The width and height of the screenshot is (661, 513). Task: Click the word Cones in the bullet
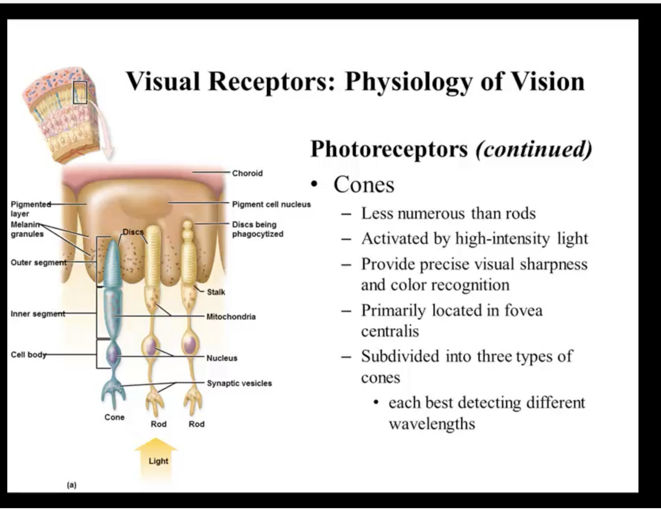[x=364, y=185]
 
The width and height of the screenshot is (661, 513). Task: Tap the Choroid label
[x=247, y=173]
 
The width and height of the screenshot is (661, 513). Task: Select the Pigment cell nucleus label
[x=272, y=204]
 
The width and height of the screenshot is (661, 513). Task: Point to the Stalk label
[x=216, y=292]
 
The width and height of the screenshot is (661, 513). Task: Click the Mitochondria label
[x=231, y=316]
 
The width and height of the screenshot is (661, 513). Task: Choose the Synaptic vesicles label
[x=239, y=383]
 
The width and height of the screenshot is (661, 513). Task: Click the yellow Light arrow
[x=157, y=456]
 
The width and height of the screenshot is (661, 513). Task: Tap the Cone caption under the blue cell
[x=114, y=417]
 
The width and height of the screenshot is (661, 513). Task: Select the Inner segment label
[x=38, y=314]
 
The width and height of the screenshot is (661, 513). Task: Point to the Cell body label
[x=29, y=355]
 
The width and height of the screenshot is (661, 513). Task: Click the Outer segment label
[x=38, y=262]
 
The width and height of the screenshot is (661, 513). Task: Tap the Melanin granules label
[x=27, y=229]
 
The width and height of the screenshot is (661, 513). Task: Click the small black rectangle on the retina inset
[x=80, y=93]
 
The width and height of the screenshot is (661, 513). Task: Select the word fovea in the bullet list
[x=523, y=310]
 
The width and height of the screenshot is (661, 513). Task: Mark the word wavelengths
[x=432, y=424]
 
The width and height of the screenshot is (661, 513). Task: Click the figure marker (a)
[x=72, y=485]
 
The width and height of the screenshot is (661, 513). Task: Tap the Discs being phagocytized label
[x=257, y=229]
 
